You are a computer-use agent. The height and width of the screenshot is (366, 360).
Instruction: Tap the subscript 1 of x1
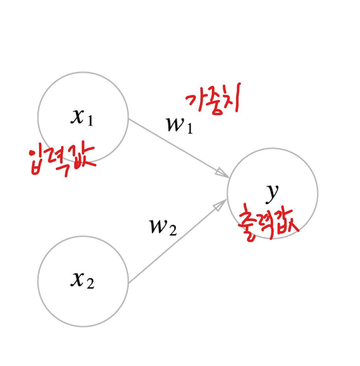[91, 121]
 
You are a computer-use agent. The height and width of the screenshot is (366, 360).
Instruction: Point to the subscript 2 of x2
[91, 284]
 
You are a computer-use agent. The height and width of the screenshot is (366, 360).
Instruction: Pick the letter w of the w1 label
[175, 124]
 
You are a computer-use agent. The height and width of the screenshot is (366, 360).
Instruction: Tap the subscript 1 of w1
[190, 129]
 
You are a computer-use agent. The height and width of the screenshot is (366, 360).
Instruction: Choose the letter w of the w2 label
[158, 225]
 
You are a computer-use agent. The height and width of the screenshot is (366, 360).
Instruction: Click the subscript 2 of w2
[173, 230]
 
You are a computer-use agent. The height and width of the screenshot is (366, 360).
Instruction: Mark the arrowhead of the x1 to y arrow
[223, 174]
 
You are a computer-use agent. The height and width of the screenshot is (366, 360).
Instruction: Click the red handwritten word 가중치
[214, 100]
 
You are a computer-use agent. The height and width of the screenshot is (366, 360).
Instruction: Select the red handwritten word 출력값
[267, 224]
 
